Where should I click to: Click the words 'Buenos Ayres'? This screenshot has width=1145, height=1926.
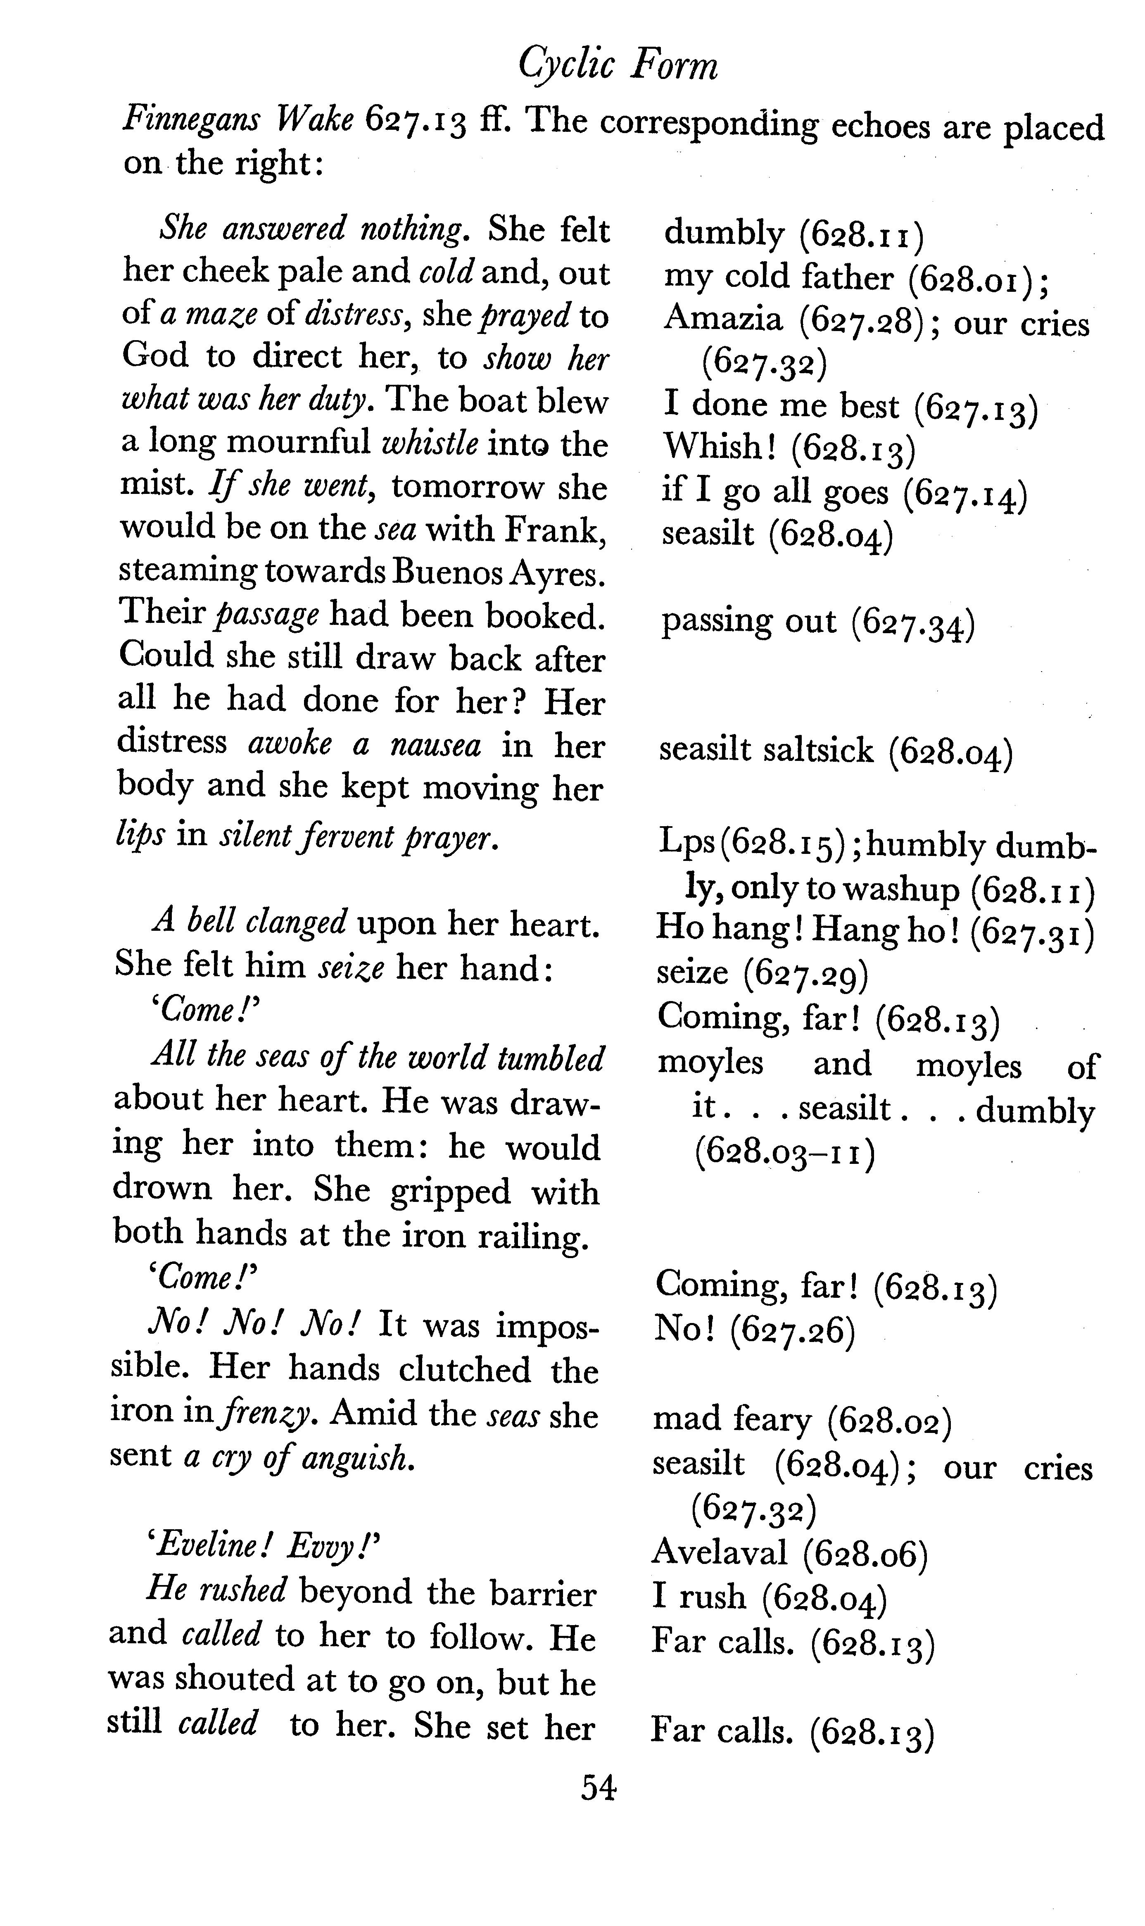498,572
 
